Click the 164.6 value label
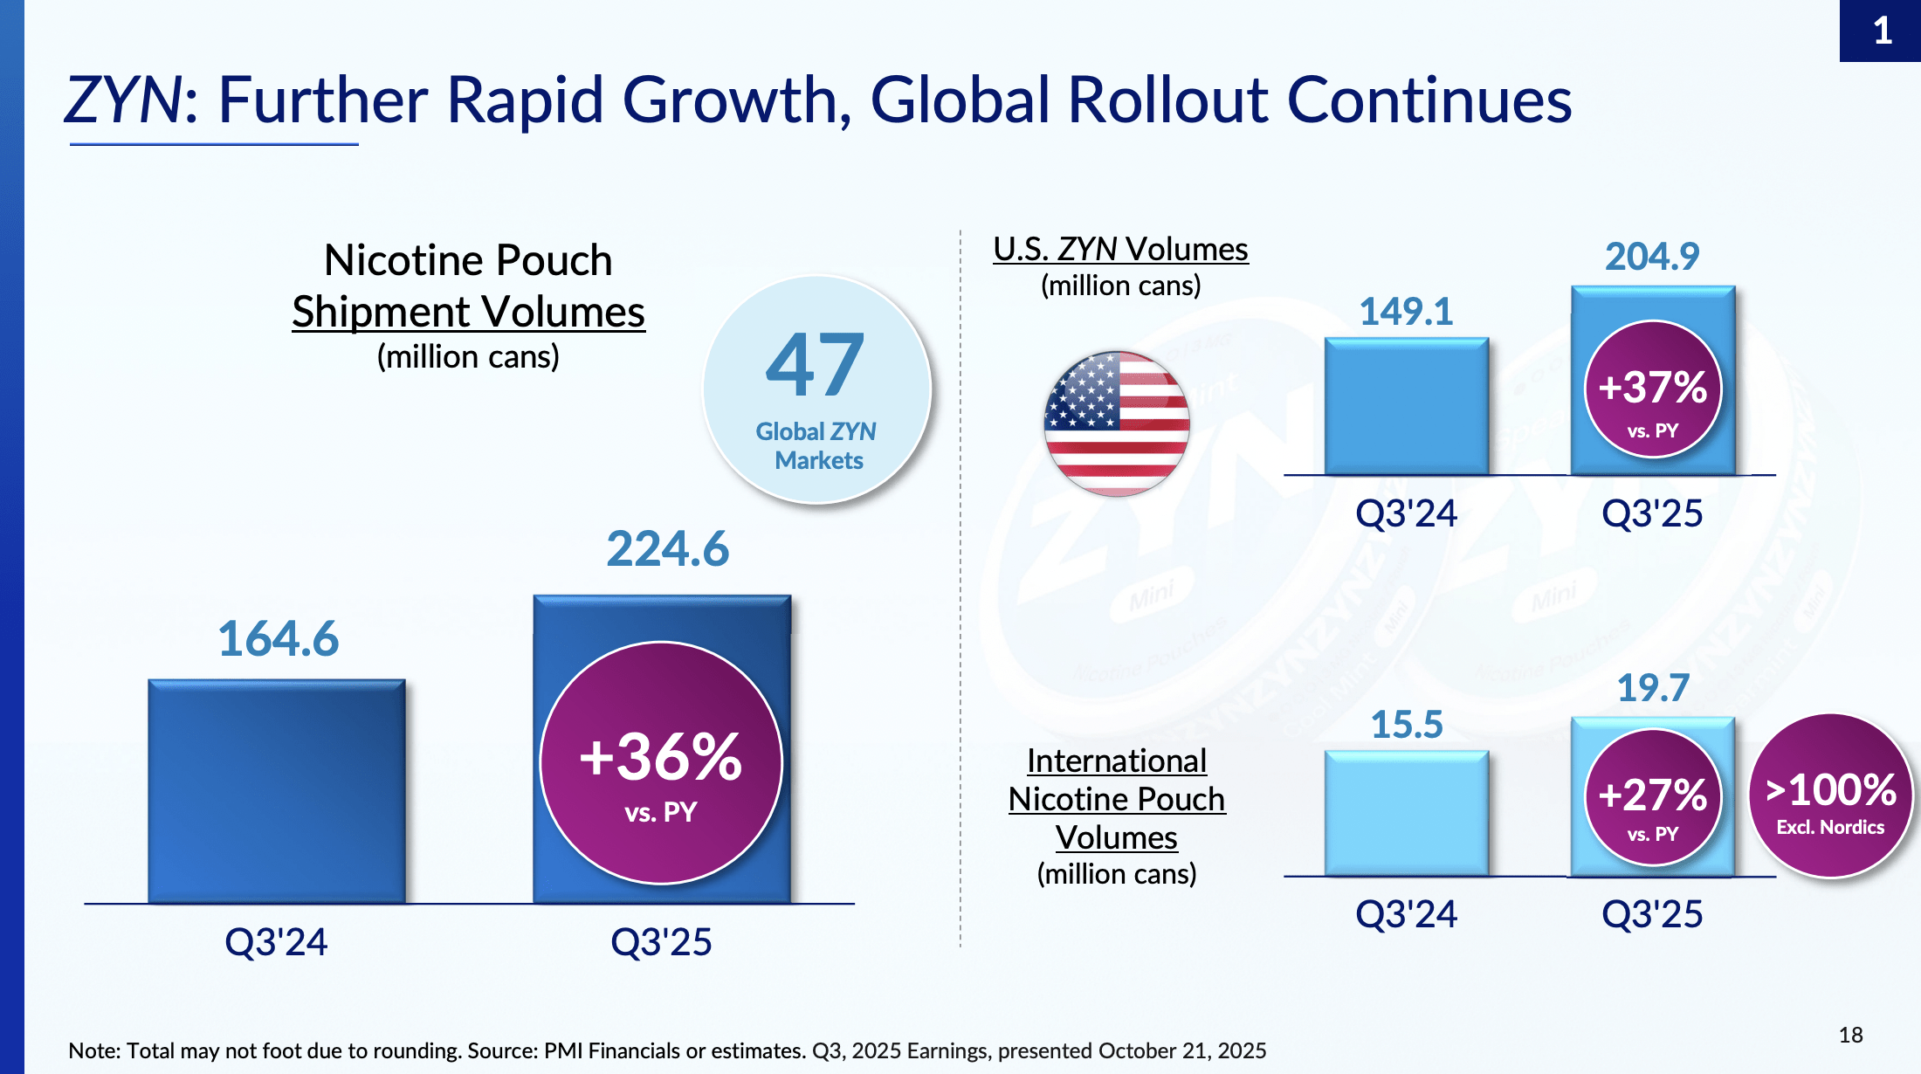tap(278, 638)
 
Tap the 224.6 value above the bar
tap(667, 549)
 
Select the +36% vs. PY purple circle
tap(661, 763)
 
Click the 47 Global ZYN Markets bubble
tap(817, 389)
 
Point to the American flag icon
tap(1116, 423)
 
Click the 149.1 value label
tap(1406, 312)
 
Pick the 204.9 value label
tap(1652, 257)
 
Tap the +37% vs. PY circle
tap(1652, 389)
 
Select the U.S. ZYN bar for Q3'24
tap(1406, 407)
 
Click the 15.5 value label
tap(1406, 725)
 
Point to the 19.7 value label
tap(1652, 688)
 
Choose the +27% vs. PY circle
tap(1652, 797)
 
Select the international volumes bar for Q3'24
tap(1406, 813)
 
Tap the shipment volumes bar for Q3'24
tap(277, 791)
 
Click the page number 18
tap(1850, 1036)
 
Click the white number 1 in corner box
tap(1883, 31)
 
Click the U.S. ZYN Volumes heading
tap(1120, 250)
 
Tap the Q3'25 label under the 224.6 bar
tap(661, 942)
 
